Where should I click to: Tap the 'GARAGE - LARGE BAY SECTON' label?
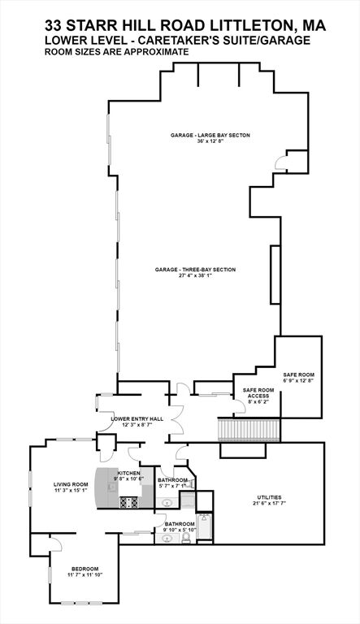click(x=210, y=136)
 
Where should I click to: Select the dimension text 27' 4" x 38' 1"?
click(x=196, y=275)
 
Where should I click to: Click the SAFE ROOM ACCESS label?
click(x=258, y=393)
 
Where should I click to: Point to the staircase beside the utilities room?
click(x=249, y=429)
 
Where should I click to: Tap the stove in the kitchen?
click(x=128, y=502)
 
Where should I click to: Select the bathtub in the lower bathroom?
click(x=205, y=526)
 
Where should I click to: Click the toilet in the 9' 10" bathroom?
click(x=185, y=538)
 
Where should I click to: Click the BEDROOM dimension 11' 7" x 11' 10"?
click(x=85, y=574)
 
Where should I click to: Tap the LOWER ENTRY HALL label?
click(x=137, y=419)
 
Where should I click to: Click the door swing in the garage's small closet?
click(x=280, y=162)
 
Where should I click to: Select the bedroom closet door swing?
click(x=56, y=544)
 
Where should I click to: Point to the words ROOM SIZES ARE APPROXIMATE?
click(x=117, y=52)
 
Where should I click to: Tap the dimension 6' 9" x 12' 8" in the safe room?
click(x=299, y=380)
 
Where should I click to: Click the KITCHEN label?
click(x=128, y=473)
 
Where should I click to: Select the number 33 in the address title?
click(x=54, y=26)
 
